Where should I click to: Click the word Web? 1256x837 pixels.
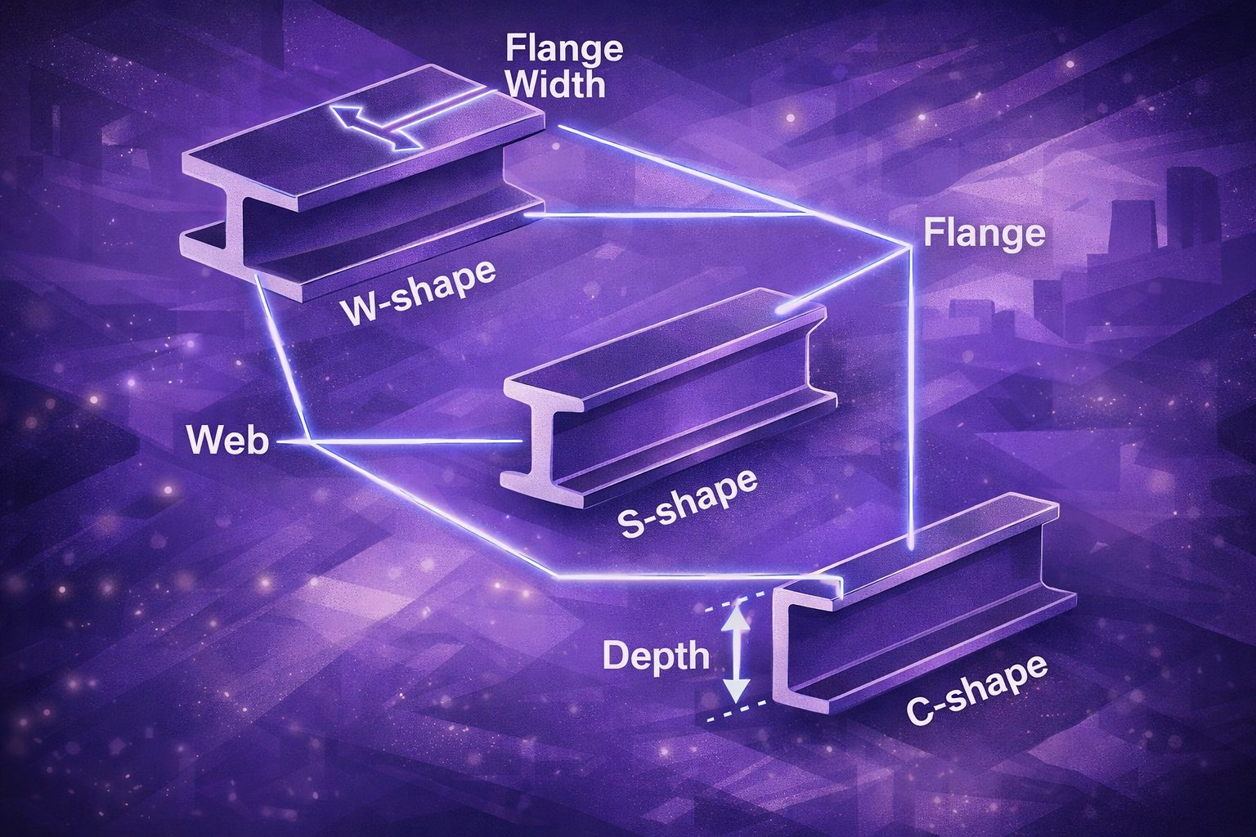[227, 441]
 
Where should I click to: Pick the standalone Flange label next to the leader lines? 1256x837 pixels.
[984, 234]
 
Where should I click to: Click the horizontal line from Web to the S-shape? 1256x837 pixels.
[417, 442]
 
